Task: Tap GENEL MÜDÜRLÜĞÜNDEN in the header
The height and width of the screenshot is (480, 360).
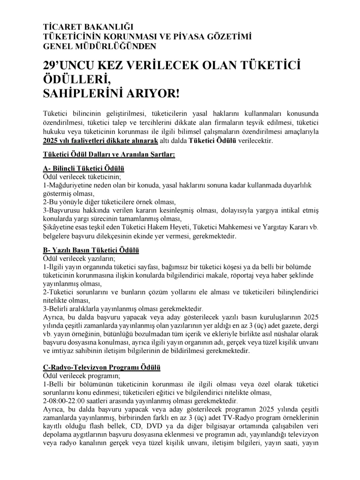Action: (99, 46)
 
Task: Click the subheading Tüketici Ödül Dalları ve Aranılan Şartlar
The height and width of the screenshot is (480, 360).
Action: (109, 155)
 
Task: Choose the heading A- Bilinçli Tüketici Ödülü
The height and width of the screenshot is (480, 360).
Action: (83, 168)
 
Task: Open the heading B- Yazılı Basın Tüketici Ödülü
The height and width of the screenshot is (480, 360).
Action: (91, 250)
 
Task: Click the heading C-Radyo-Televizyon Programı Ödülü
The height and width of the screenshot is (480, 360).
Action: (101, 367)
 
